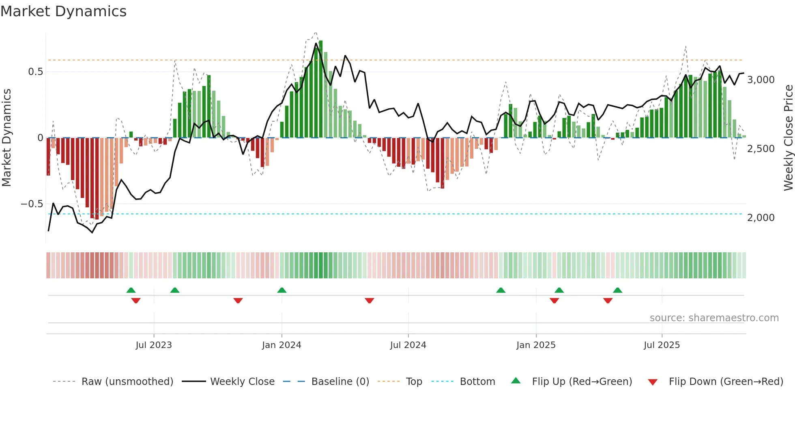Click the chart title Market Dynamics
(x=63, y=11)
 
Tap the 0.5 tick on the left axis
(x=35, y=72)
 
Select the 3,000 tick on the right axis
(x=761, y=80)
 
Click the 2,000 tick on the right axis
(x=761, y=218)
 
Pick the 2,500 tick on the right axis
(x=761, y=149)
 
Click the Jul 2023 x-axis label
(x=154, y=345)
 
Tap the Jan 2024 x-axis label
(x=281, y=345)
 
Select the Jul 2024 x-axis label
(x=408, y=345)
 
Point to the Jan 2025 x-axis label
(x=536, y=345)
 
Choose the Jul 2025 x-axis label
(x=662, y=345)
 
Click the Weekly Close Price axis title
(x=788, y=138)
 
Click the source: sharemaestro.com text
(x=714, y=318)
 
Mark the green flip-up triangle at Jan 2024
(x=282, y=290)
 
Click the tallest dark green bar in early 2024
(x=321, y=89)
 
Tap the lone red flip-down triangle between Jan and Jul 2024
(x=369, y=301)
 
